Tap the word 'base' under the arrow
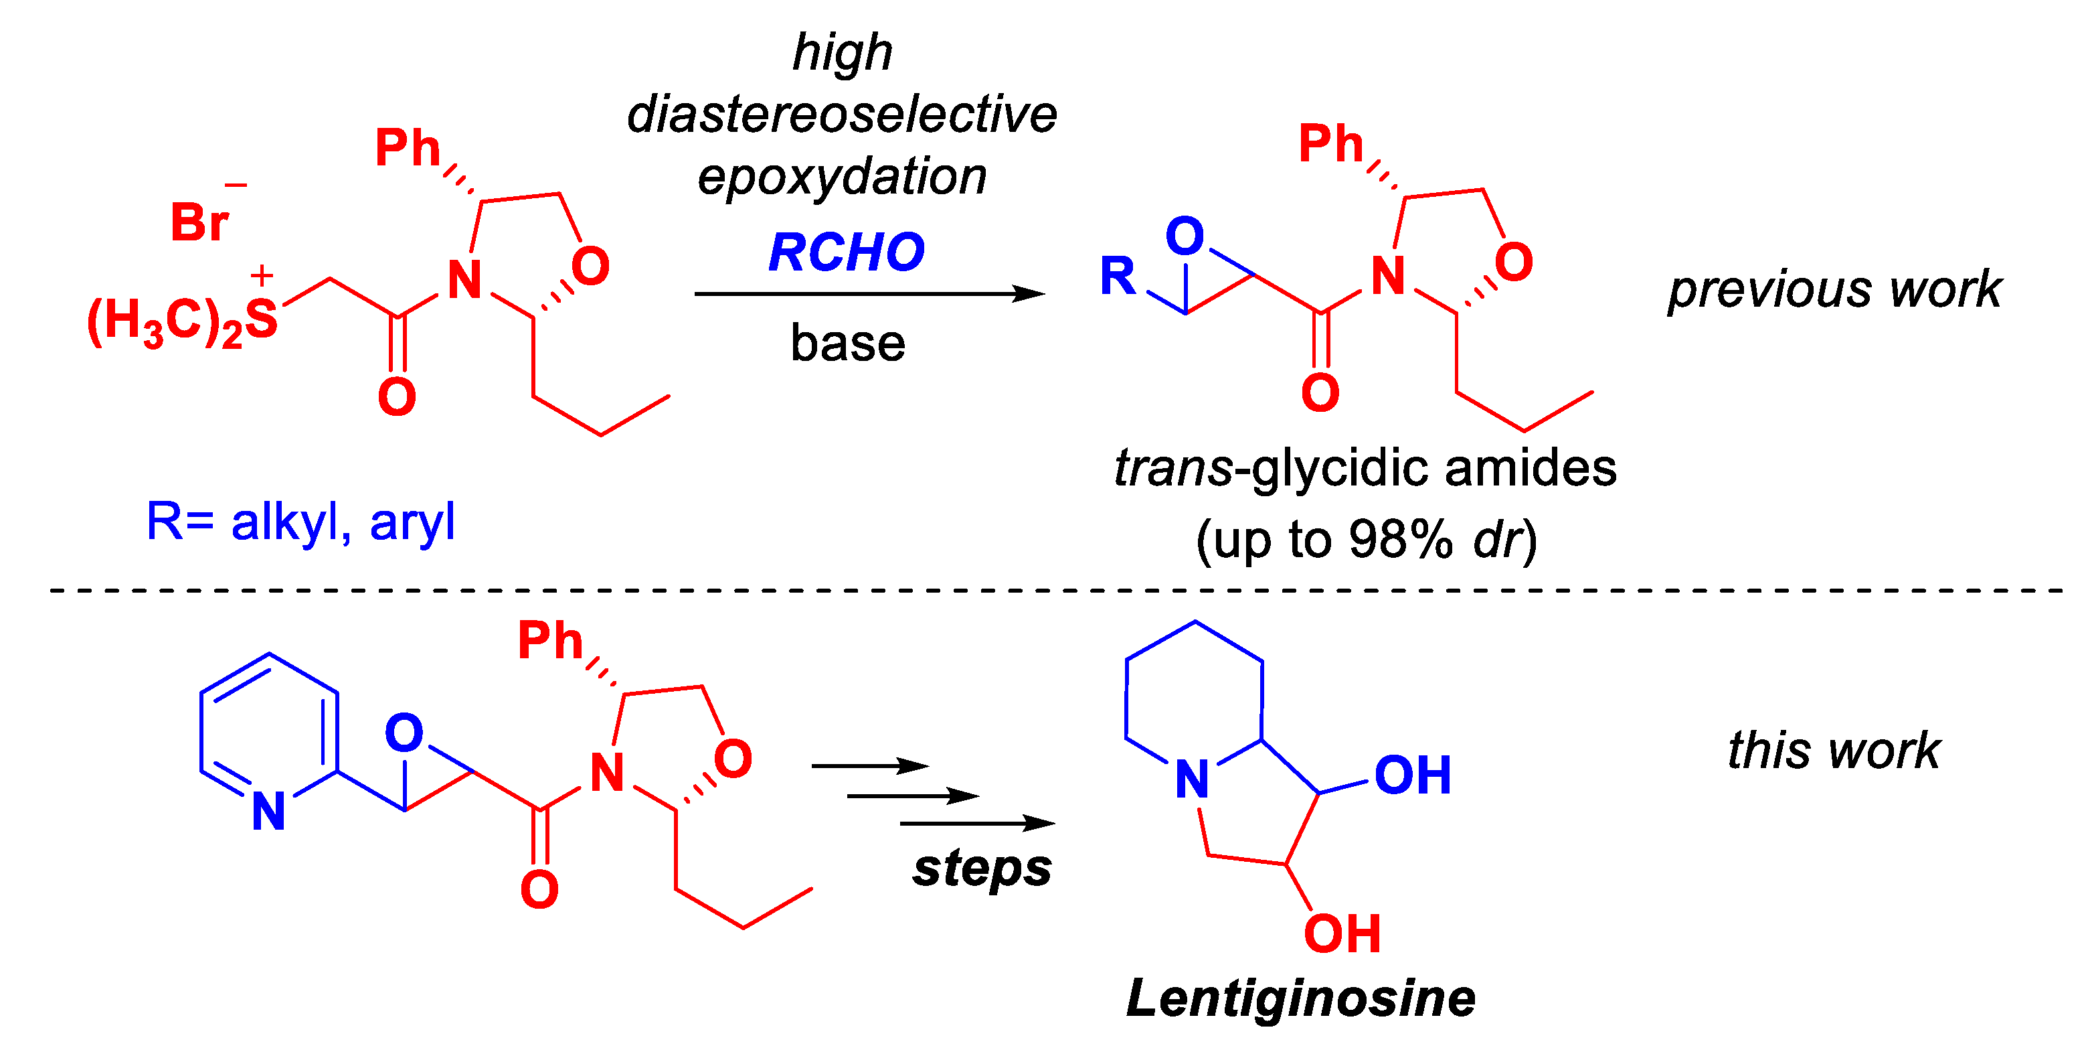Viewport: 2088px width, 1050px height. [847, 343]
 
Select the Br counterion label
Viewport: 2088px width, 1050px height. [199, 222]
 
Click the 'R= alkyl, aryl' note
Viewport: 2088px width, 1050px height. [300, 522]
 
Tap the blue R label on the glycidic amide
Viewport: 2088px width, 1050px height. [1118, 276]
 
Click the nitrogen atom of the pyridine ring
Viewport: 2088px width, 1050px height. [268, 810]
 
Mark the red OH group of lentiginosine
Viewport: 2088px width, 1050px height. [1342, 933]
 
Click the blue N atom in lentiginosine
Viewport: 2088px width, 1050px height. [1191, 780]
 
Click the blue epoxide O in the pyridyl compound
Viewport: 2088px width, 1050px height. [404, 733]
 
